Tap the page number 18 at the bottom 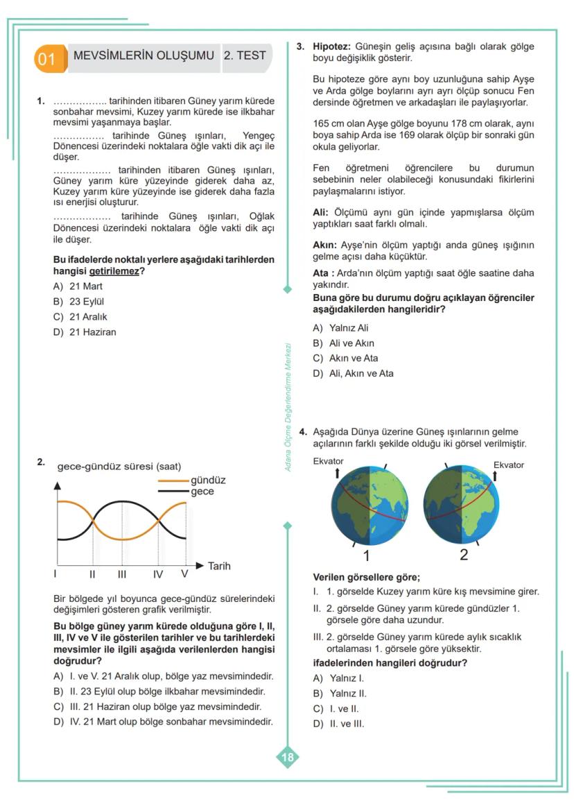tap(287, 757)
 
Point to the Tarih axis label tap(219, 566)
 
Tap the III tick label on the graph tap(122, 574)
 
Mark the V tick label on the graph tap(184, 574)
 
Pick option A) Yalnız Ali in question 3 tap(340, 328)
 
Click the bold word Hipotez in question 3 tap(332, 46)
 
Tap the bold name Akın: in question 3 tap(325, 245)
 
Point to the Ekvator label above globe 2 tap(508, 465)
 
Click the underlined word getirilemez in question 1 tap(114, 271)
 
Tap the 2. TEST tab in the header tap(245, 55)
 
